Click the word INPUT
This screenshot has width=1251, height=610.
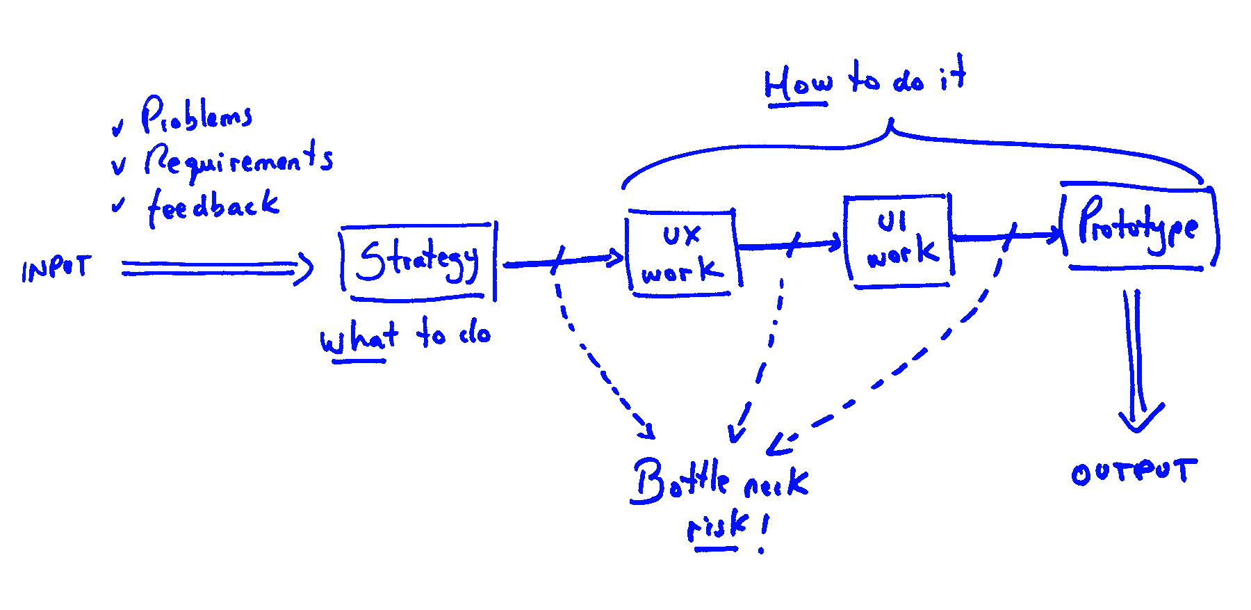56,268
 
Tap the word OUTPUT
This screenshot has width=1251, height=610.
1134,472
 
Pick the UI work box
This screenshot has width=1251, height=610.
899,241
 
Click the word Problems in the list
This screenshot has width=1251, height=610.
197,115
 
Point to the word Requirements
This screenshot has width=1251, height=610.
238,161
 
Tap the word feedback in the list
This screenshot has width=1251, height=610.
213,207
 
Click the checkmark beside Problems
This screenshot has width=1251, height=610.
118,128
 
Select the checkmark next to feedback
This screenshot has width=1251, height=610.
118,205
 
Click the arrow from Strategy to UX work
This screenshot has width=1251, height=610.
563,262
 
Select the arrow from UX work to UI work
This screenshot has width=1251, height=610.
790,245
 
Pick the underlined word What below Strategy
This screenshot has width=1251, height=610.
358,339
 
